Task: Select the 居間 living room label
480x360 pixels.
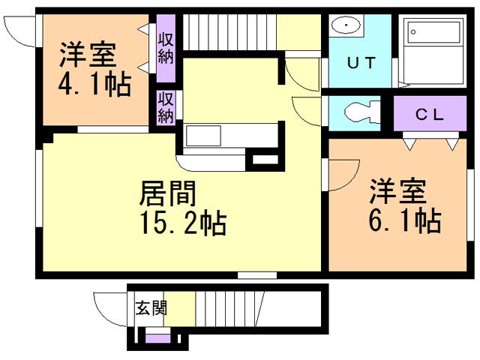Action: [x=169, y=194]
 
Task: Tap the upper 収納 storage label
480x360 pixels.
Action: [x=166, y=46]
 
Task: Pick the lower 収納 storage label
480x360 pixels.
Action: [x=166, y=106]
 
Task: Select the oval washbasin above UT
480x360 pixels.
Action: [x=345, y=25]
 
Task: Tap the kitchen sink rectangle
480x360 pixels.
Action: [x=203, y=136]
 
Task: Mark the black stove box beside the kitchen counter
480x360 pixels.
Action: [x=264, y=159]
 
